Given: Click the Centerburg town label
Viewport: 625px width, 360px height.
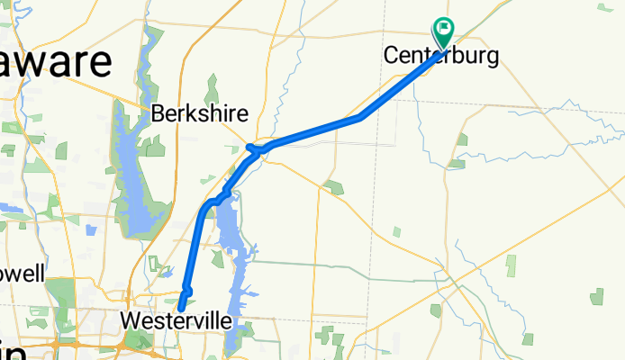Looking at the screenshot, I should [x=441, y=56].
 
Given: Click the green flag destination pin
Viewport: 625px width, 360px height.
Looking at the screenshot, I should [x=444, y=32].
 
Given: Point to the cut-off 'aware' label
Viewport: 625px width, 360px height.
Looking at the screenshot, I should [x=56, y=62].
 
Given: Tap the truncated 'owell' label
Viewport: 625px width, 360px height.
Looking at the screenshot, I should [x=22, y=274].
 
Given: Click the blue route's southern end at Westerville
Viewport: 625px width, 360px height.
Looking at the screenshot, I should [x=181, y=308].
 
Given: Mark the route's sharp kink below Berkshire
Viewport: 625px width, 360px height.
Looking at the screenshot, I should [x=250, y=146].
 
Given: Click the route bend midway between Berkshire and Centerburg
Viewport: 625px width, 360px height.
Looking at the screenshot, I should [x=360, y=117].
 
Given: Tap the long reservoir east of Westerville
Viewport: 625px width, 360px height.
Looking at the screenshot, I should [x=236, y=279].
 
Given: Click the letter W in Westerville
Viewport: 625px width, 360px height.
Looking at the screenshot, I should [x=129, y=320].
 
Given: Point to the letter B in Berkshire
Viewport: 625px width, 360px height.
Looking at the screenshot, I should [x=159, y=114].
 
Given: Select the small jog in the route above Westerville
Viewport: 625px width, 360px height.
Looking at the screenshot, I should [x=186, y=289].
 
